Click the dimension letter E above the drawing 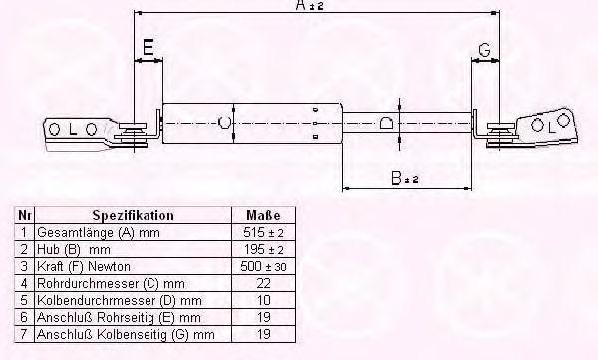148,47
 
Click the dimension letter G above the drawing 484,50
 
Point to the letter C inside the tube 224,123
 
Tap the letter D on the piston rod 386,123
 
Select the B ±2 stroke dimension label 405,178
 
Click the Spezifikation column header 134,215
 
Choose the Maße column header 263,215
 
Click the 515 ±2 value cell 263,232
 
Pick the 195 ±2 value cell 263,249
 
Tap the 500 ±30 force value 263,266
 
